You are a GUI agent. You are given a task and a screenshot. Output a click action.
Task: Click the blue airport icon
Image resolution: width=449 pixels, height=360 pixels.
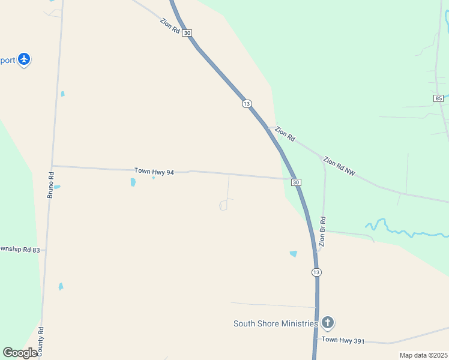click(24, 59)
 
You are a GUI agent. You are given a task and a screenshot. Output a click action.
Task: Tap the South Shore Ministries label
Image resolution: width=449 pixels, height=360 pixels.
click(275, 324)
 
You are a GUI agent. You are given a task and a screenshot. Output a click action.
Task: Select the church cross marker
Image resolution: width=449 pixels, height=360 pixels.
click(327, 324)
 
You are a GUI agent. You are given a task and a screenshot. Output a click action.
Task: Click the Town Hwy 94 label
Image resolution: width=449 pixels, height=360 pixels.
click(154, 172)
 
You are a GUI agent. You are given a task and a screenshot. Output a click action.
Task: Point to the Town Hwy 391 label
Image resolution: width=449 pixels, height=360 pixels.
click(343, 340)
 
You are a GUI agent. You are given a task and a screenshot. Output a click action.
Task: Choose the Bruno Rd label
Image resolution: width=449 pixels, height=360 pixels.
click(51, 185)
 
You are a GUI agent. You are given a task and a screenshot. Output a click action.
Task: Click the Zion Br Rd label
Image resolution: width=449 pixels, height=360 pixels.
click(322, 232)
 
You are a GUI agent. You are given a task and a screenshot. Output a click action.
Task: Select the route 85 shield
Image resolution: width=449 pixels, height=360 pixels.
click(438, 98)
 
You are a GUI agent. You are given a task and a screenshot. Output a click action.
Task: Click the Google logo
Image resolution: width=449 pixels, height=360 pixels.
click(20, 353)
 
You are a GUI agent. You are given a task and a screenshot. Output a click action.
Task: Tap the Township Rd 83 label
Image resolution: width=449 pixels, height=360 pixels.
click(20, 250)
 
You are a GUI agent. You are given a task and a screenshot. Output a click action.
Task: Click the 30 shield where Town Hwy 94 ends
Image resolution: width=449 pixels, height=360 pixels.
click(295, 182)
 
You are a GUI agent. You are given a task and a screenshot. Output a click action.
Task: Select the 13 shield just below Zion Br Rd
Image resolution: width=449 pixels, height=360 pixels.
click(316, 272)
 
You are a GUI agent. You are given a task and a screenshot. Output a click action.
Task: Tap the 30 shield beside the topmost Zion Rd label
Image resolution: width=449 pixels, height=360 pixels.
click(187, 33)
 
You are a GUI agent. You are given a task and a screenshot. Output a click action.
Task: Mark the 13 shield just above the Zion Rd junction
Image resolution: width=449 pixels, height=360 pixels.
click(247, 104)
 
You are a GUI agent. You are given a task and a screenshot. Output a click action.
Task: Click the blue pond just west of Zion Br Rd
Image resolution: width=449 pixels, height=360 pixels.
click(293, 254)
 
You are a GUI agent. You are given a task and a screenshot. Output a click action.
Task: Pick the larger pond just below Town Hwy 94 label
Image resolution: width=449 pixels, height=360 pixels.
click(133, 182)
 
